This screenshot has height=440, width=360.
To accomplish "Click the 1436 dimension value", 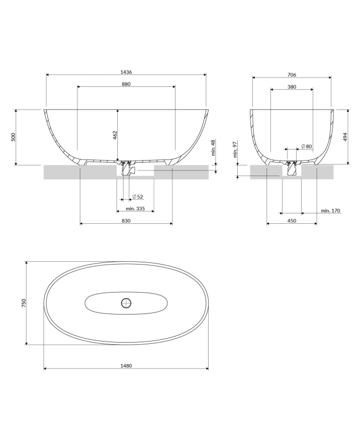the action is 126,72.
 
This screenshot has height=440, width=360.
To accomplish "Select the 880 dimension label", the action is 126,84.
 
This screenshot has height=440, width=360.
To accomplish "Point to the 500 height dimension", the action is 13,137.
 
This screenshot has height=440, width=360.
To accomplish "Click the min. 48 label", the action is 213,147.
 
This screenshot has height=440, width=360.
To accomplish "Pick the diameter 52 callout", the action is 138,197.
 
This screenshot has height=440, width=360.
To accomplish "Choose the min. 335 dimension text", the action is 135,208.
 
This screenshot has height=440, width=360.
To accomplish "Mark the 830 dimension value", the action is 126,221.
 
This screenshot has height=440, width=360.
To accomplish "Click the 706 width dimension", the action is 292,75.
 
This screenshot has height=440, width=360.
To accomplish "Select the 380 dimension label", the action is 292,87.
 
